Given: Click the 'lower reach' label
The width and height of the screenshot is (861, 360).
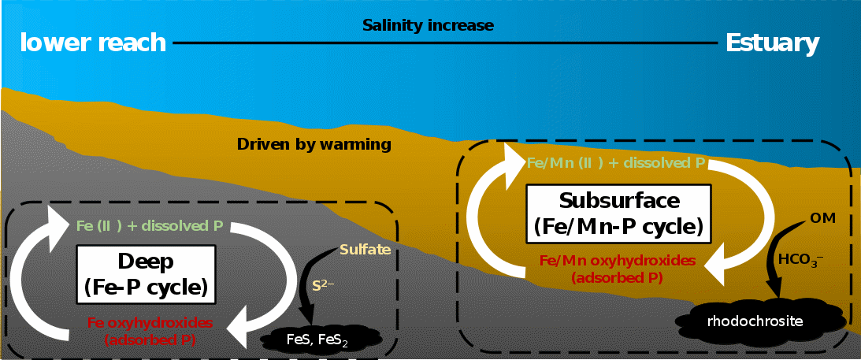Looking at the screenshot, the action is coord(93,43).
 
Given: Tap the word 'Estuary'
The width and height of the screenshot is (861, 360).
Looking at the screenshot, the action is coord(773,43).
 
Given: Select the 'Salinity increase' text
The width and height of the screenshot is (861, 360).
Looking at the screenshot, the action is coord(428,25).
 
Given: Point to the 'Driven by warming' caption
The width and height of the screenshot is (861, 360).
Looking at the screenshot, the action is coord(314,144).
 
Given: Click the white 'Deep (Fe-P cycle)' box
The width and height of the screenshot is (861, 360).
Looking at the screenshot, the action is coord(146,274).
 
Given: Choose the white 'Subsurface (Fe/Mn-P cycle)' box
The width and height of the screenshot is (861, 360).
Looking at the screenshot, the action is coord(619,213).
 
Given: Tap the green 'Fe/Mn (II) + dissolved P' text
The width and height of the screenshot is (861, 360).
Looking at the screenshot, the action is coord(615,163).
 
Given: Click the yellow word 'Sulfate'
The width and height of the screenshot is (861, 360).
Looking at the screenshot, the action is coord(366,251).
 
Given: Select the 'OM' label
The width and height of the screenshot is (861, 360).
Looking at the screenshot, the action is coord(822,218).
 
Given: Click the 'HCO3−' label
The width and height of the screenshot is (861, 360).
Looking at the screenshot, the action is coord(800,259).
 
